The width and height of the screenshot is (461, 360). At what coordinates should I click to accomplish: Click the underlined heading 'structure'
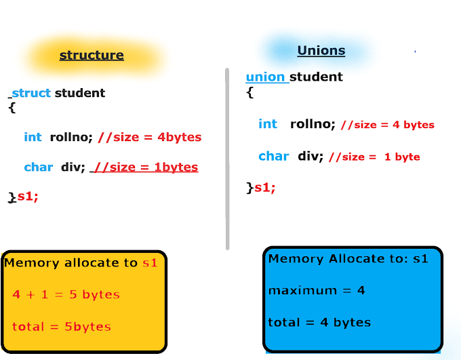92,55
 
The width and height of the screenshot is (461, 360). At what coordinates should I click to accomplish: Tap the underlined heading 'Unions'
321,50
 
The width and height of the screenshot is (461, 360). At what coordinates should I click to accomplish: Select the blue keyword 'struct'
31,93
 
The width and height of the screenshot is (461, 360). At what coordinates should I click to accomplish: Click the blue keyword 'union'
265,77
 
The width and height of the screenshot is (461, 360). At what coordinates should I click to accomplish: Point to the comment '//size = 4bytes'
149,137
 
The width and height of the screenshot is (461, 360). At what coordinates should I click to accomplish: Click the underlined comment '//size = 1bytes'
146,167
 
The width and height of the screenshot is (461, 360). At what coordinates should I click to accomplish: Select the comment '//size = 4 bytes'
387,124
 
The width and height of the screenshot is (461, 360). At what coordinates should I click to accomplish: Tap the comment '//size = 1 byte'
374,157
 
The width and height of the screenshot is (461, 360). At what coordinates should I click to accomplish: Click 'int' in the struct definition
33,137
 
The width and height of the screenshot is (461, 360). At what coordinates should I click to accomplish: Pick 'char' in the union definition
274,156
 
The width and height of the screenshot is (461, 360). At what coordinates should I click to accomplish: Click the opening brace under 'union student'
249,92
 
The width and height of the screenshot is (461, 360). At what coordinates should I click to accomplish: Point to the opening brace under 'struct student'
12,107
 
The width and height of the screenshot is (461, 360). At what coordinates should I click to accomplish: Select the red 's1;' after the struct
28,197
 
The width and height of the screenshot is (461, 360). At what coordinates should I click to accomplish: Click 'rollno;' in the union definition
313,124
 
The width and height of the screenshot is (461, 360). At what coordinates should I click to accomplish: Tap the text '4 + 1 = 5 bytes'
66,295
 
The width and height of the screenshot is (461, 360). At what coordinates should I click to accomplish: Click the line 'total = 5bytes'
61,327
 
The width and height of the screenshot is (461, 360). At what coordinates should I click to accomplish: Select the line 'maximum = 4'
317,290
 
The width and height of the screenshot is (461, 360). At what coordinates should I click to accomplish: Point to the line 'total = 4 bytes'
319,322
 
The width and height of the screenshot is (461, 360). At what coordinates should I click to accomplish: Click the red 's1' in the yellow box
149,263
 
